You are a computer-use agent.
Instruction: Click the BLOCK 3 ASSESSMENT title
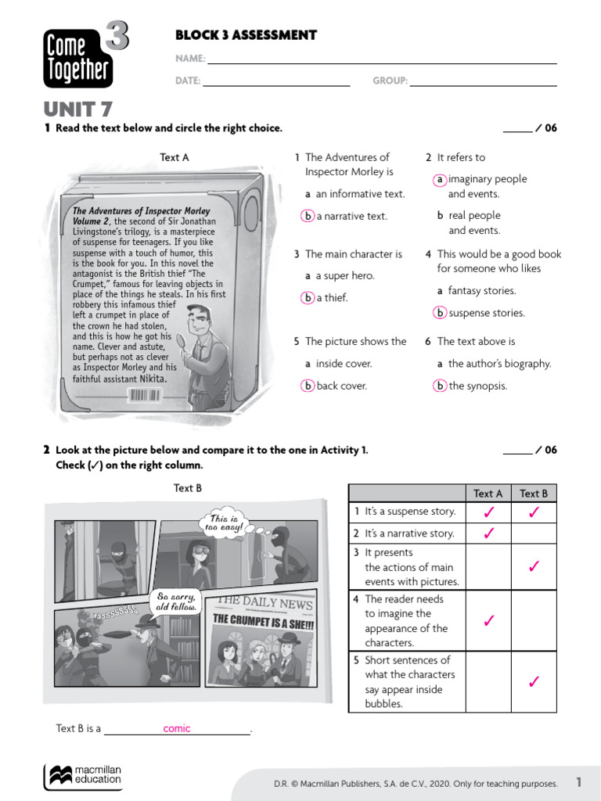[246, 35]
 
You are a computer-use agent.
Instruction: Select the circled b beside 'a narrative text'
[308, 217]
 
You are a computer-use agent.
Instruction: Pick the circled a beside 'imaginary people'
[441, 180]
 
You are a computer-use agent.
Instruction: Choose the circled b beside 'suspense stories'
[441, 313]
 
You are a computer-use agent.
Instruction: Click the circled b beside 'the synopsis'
[441, 386]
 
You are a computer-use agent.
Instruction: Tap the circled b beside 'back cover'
[308, 386]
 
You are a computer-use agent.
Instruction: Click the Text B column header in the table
[534, 494]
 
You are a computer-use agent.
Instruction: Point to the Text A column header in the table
[488, 494]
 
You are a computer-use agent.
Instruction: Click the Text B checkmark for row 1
[534, 513]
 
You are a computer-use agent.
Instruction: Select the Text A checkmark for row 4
[488, 621]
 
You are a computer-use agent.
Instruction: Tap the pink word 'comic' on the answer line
[177, 729]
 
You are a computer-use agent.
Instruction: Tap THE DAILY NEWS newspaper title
[264, 602]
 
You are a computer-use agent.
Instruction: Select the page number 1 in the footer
[579, 782]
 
